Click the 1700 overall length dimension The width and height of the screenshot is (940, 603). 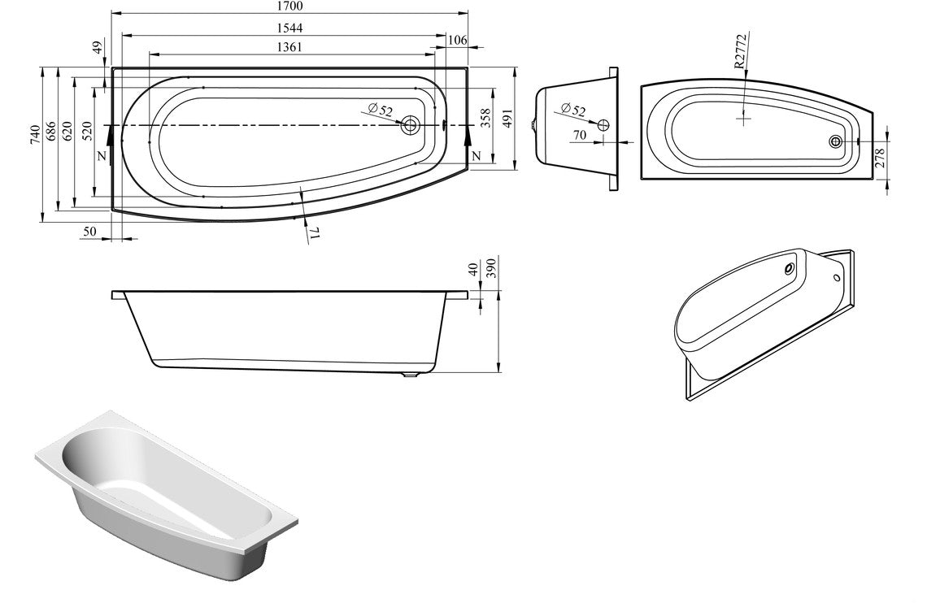pyautogui.click(x=289, y=7)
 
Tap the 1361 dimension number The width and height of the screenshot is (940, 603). pyautogui.click(x=289, y=47)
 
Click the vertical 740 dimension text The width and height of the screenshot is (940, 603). pyautogui.click(x=34, y=133)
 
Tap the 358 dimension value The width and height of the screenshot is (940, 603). pyautogui.click(x=485, y=119)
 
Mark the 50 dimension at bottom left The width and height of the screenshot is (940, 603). pyautogui.click(x=90, y=232)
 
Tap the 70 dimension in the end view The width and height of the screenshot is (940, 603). pyautogui.click(x=579, y=136)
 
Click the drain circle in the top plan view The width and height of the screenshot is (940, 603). pyautogui.click(x=410, y=125)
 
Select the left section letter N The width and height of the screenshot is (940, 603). pyautogui.click(x=101, y=155)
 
